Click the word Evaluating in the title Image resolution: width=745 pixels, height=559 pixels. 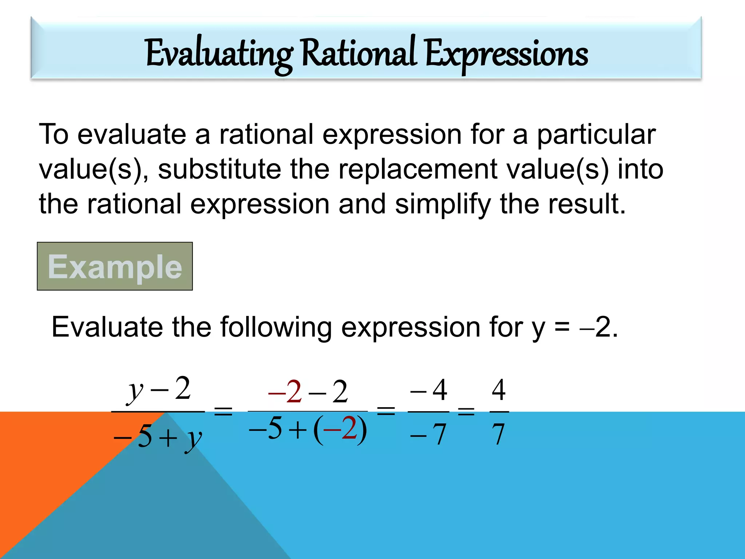click(x=219, y=55)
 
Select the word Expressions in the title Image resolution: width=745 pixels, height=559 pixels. click(x=506, y=55)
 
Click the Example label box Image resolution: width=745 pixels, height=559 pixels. click(x=115, y=266)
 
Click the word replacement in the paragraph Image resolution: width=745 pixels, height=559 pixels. click(x=418, y=170)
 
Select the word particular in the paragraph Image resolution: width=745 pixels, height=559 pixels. click(x=596, y=135)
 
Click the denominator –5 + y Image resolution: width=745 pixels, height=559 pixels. click(x=158, y=437)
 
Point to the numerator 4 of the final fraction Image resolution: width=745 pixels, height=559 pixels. click(x=499, y=390)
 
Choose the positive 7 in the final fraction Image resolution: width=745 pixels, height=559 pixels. click(x=498, y=435)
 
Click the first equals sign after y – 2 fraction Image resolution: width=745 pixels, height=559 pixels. click(x=223, y=412)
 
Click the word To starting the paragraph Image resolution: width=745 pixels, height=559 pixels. click(x=53, y=135)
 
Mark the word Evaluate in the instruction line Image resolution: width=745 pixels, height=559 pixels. click(x=107, y=327)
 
